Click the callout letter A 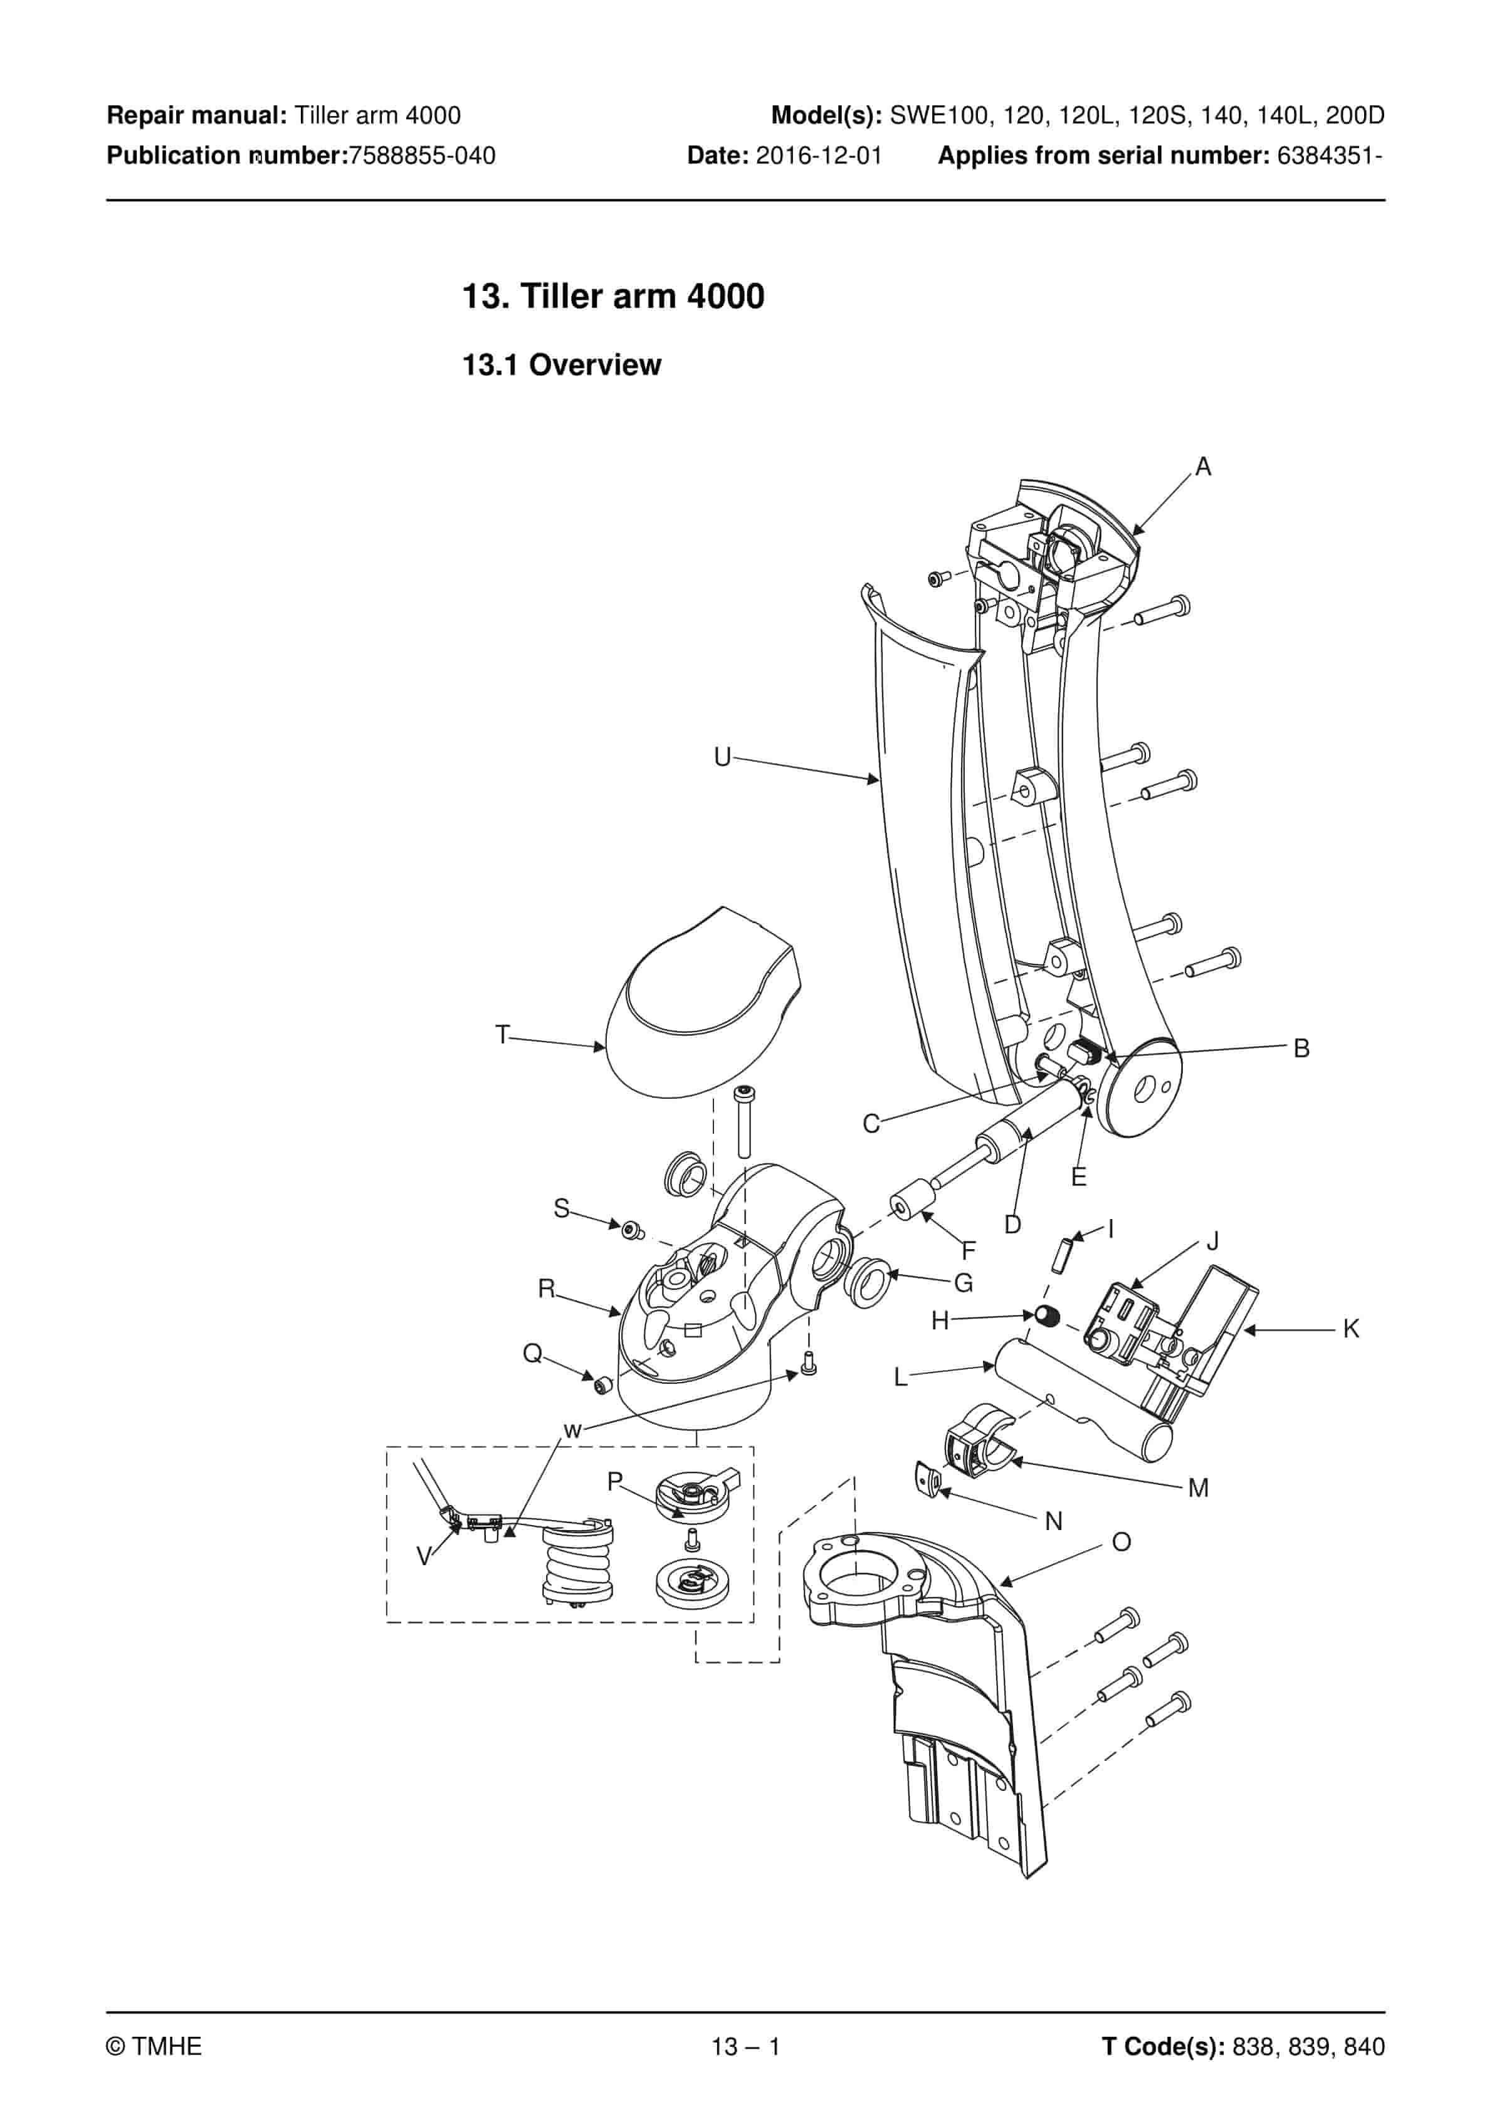coord(1202,467)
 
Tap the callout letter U coord(722,757)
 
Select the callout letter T coord(502,1035)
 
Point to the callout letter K coord(1350,1329)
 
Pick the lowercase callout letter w coord(572,1430)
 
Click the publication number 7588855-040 coord(423,156)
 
